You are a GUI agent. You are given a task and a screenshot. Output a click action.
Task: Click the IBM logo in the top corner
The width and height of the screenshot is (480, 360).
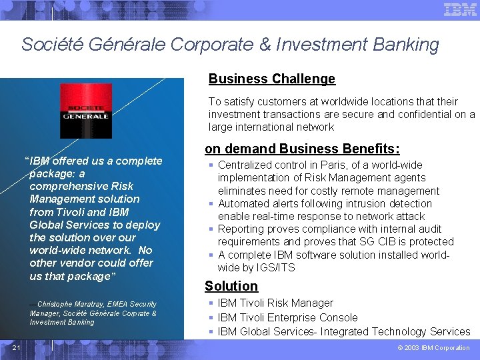460,10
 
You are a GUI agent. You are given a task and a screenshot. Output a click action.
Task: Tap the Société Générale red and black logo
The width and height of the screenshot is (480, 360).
85,110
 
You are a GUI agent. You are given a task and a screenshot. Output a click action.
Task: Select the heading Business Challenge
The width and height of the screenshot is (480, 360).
272,79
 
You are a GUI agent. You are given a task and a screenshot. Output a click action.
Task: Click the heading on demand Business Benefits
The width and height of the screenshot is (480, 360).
302,149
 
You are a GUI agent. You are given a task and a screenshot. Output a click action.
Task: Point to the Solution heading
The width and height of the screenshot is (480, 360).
231,286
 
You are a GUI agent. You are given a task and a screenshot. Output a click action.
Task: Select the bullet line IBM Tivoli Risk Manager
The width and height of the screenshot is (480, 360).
275,303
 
